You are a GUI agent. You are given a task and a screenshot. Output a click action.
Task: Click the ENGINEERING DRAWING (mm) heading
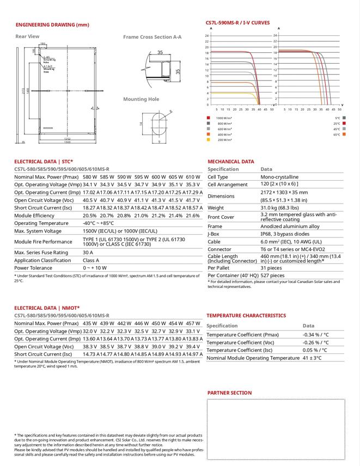tap(52, 25)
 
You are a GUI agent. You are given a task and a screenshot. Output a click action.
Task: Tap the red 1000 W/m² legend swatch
tap(208, 118)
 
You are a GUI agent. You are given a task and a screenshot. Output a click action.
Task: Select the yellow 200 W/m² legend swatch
tap(208, 140)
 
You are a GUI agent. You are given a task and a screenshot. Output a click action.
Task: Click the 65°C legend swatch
tap(345, 134)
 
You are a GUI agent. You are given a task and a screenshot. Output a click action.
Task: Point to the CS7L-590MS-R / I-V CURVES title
tap(237, 23)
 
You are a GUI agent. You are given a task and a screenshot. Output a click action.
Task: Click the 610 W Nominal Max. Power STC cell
tap(193, 177)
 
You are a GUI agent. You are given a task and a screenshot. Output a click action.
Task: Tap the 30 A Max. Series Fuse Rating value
tap(88, 253)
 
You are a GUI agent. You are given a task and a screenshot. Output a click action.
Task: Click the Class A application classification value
tap(91, 260)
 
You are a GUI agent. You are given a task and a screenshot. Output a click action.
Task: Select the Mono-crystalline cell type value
tap(279, 177)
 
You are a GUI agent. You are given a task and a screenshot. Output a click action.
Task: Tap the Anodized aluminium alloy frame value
tap(290, 226)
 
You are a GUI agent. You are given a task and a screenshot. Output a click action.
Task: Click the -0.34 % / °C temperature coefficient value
tap(316, 335)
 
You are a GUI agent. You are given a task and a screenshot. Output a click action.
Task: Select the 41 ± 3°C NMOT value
tap(313, 358)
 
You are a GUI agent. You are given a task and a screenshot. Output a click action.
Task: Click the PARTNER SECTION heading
tap(229, 393)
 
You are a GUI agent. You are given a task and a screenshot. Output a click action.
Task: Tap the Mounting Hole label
tap(141, 99)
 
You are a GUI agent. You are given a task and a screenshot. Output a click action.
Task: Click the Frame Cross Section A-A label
tap(152, 37)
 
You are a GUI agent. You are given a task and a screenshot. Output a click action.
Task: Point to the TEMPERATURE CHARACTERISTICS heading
tap(246, 315)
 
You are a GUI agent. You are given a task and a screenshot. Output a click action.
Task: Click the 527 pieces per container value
tap(273, 275)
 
